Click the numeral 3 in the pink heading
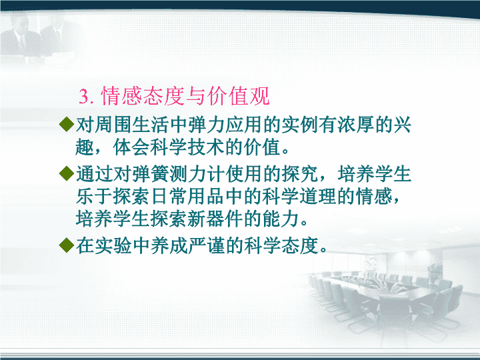84,97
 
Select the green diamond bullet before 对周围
67,124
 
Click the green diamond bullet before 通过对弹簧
67,173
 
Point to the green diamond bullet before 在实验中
67,245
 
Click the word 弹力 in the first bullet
207,125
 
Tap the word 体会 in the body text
131,147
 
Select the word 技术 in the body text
206,147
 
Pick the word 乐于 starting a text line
94,196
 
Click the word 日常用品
188,196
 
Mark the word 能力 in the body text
281,219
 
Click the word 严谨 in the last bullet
207,245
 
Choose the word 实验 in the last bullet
113,245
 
